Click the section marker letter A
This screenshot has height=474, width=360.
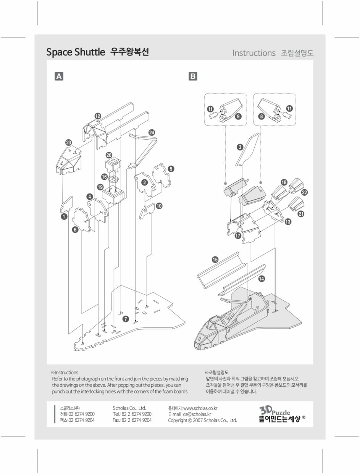(59, 76)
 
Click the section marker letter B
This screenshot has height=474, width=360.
(193, 76)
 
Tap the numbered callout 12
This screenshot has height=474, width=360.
(98, 116)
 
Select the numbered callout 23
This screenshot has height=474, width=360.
(68, 143)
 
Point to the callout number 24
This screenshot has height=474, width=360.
(152, 132)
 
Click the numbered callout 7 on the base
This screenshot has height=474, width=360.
(126, 319)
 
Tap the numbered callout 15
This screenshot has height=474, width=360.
(215, 260)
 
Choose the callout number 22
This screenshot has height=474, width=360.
(305, 192)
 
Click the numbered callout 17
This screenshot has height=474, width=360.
(238, 236)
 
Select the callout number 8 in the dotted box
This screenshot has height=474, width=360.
(262, 117)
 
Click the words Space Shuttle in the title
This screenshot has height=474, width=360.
(75, 52)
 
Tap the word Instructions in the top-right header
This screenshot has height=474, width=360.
(253, 53)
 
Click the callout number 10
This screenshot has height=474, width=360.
(159, 206)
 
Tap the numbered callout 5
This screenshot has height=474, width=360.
(171, 168)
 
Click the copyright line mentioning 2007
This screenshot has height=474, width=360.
(202, 420)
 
